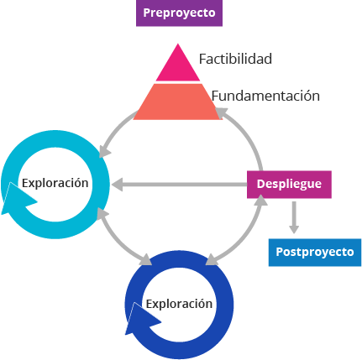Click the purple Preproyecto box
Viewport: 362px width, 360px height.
(179, 13)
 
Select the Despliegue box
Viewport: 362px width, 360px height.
(289, 185)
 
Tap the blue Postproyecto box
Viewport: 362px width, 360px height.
(315, 253)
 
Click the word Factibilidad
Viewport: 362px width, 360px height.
(235, 59)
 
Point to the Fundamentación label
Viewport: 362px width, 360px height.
(265, 96)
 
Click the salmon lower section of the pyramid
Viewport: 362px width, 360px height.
(177, 102)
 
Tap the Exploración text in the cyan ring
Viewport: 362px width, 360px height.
(55, 183)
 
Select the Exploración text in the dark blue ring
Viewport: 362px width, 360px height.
(179, 304)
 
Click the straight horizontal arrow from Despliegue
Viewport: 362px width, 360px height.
(179, 185)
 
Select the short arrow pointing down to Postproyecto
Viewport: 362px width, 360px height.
(294, 217)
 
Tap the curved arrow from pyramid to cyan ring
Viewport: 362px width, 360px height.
(114, 129)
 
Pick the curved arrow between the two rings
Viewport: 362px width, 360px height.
(121, 241)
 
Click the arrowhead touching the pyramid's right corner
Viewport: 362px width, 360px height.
(221, 112)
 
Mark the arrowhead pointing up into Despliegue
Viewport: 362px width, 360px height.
(262, 200)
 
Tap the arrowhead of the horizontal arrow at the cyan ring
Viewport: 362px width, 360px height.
(117, 185)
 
